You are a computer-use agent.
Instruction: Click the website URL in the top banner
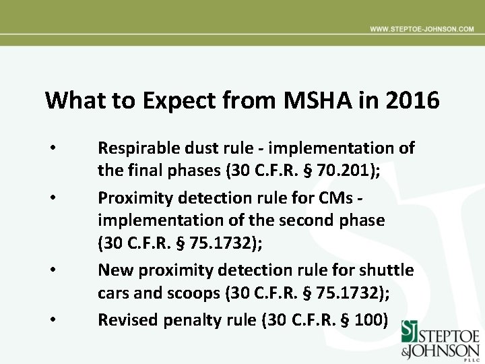click(422, 30)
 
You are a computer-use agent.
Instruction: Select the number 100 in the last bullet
click(368, 320)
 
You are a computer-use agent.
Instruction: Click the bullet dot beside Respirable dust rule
click(51, 147)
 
